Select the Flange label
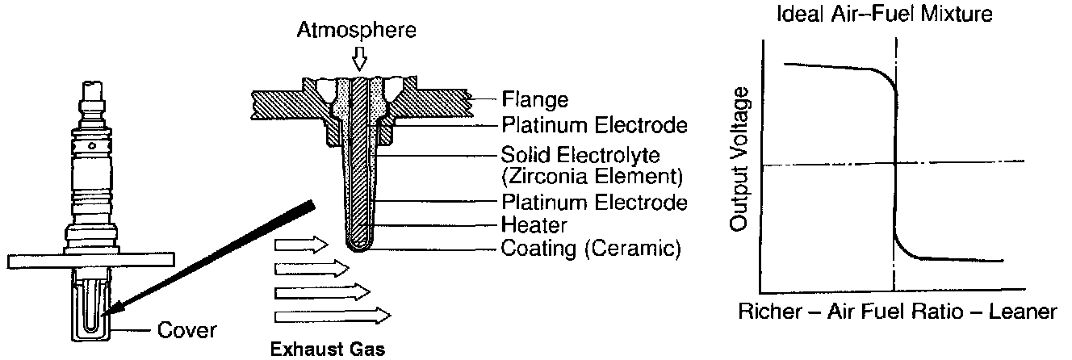pyautogui.click(x=534, y=101)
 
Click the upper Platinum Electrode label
pyautogui.click(x=594, y=125)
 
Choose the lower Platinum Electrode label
pyautogui.click(x=594, y=202)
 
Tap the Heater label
pyautogui.click(x=534, y=225)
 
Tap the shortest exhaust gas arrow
pyautogui.click(x=301, y=243)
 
